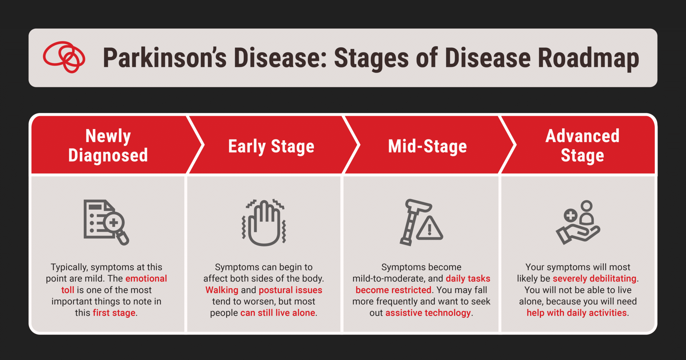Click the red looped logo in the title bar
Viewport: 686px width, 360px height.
tap(64, 57)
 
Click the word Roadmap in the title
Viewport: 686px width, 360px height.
tap(588, 58)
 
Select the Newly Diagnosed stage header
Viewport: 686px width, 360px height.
tap(108, 145)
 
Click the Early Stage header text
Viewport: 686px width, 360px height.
tap(271, 146)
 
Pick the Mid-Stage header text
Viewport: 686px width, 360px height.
tap(427, 146)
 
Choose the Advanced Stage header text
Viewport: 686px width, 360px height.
tap(582, 145)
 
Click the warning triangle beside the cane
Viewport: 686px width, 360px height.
tap(429, 229)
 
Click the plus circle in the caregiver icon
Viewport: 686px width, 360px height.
tap(570, 215)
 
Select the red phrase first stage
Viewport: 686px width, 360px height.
tap(114, 313)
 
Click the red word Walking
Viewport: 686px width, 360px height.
tap(222, 290)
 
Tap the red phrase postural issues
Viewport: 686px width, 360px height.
tap(290, 290)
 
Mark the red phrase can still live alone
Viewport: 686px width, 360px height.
tap(278, 313)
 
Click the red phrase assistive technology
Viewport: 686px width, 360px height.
tap(428, 313)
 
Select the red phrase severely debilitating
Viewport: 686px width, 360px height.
tap(594, 279)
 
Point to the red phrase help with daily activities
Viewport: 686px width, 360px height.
tap(576, 313)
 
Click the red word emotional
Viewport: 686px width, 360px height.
tap(146, 279)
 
